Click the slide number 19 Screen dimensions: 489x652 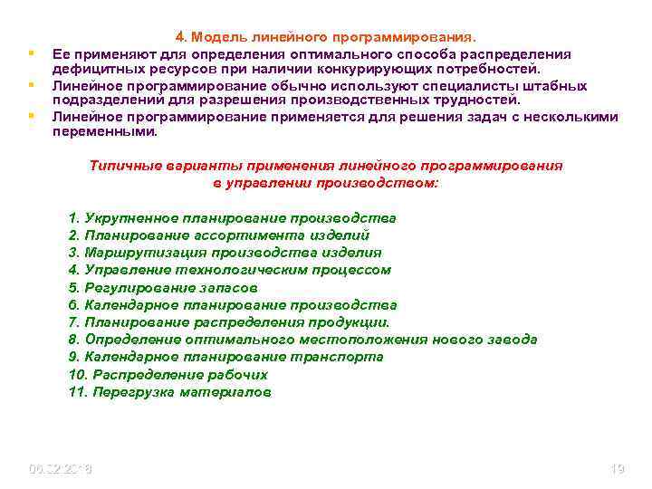point(618,468)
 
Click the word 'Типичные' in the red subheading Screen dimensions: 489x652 point(122,167)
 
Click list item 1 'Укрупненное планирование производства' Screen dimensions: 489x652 point(232,218)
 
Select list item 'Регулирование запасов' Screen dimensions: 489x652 point(168,287)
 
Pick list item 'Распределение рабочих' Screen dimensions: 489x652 point(168,374)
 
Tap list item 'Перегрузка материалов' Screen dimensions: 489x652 point(169,392)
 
